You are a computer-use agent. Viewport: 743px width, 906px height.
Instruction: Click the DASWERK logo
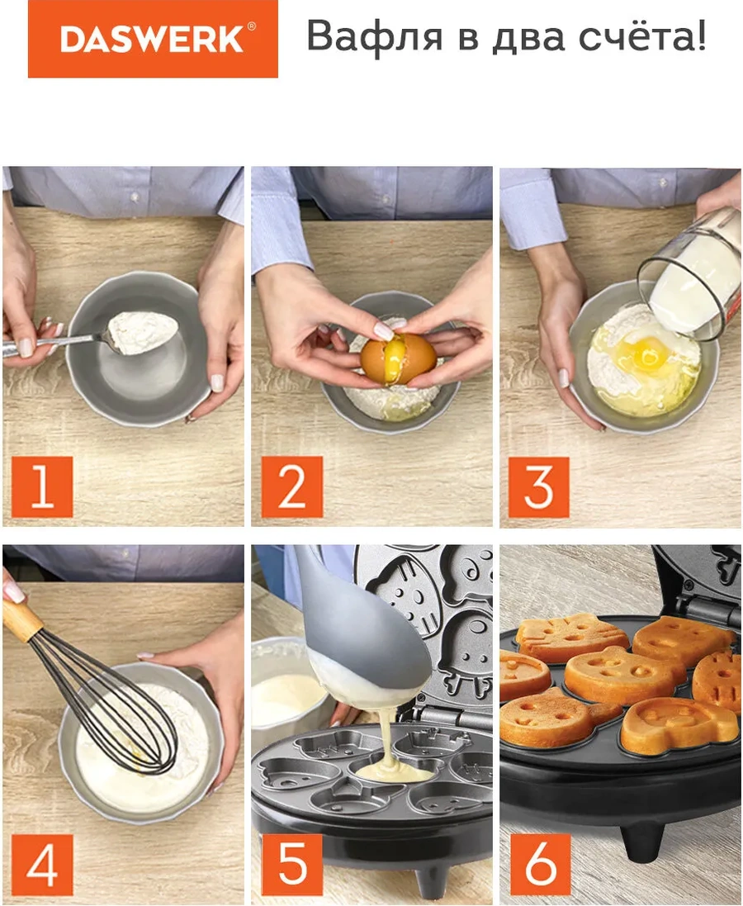[x=153, y=39]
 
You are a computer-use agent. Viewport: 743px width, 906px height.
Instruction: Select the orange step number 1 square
[x=42, y=486]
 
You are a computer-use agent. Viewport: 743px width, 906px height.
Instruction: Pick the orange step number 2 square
[x=291, y=486]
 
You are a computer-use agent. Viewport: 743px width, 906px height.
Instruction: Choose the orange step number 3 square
[x=538, y=487]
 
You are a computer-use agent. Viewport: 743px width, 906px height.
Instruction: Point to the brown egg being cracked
[x=399, y=358]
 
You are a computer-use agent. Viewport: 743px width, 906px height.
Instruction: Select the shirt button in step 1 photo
[x=134, y=197]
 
